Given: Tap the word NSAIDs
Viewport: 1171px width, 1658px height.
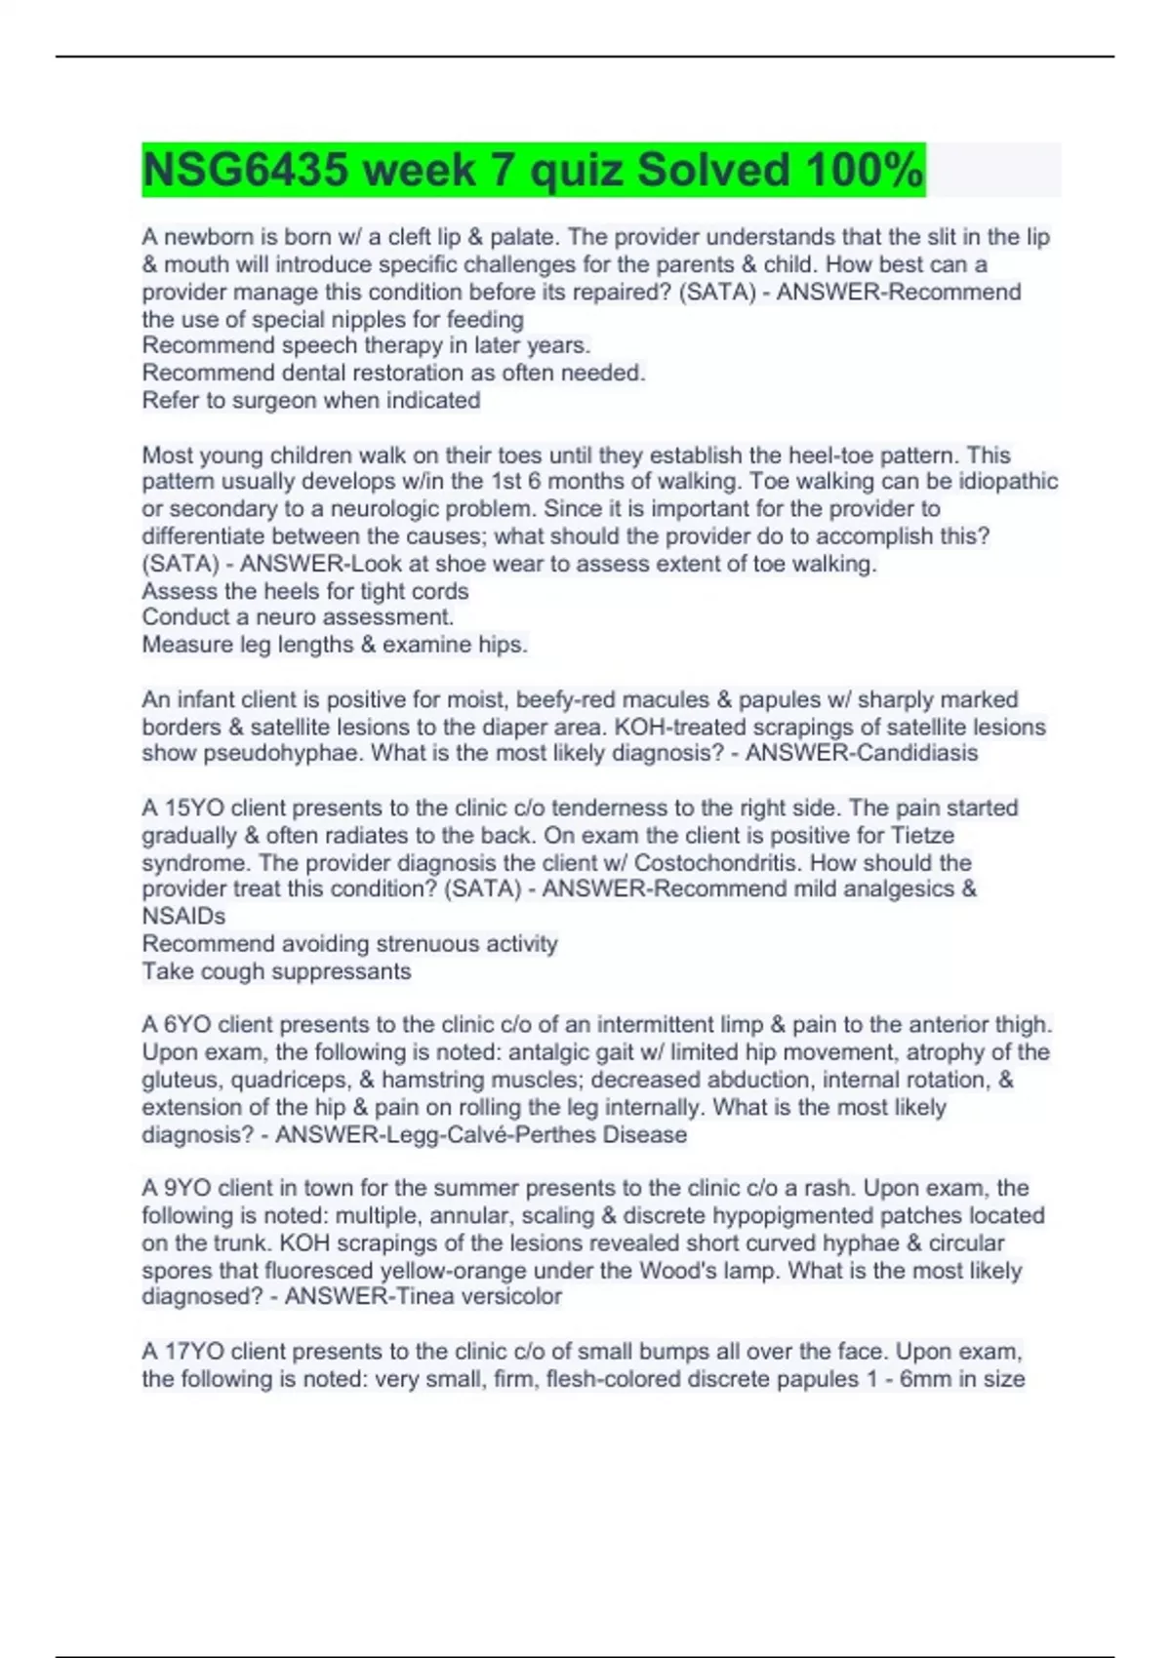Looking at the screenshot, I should (183, 916).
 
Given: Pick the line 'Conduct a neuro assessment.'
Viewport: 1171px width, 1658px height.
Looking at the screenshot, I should (298, 617).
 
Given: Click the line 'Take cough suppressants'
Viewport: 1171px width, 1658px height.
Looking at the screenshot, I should (276, 971).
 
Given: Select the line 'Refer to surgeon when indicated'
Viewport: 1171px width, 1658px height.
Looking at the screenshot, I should (310, 400).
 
